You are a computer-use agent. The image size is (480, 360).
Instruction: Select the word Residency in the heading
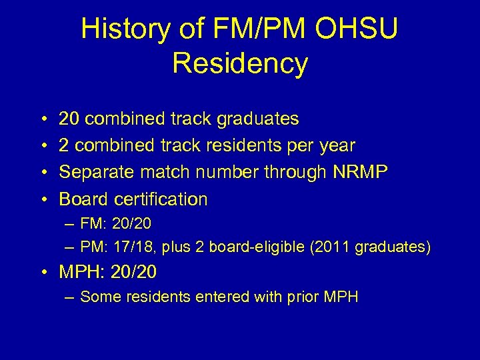[240, 63]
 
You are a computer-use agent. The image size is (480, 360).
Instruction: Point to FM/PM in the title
[249, 29]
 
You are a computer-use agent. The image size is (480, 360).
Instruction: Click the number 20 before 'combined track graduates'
[69, 119]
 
